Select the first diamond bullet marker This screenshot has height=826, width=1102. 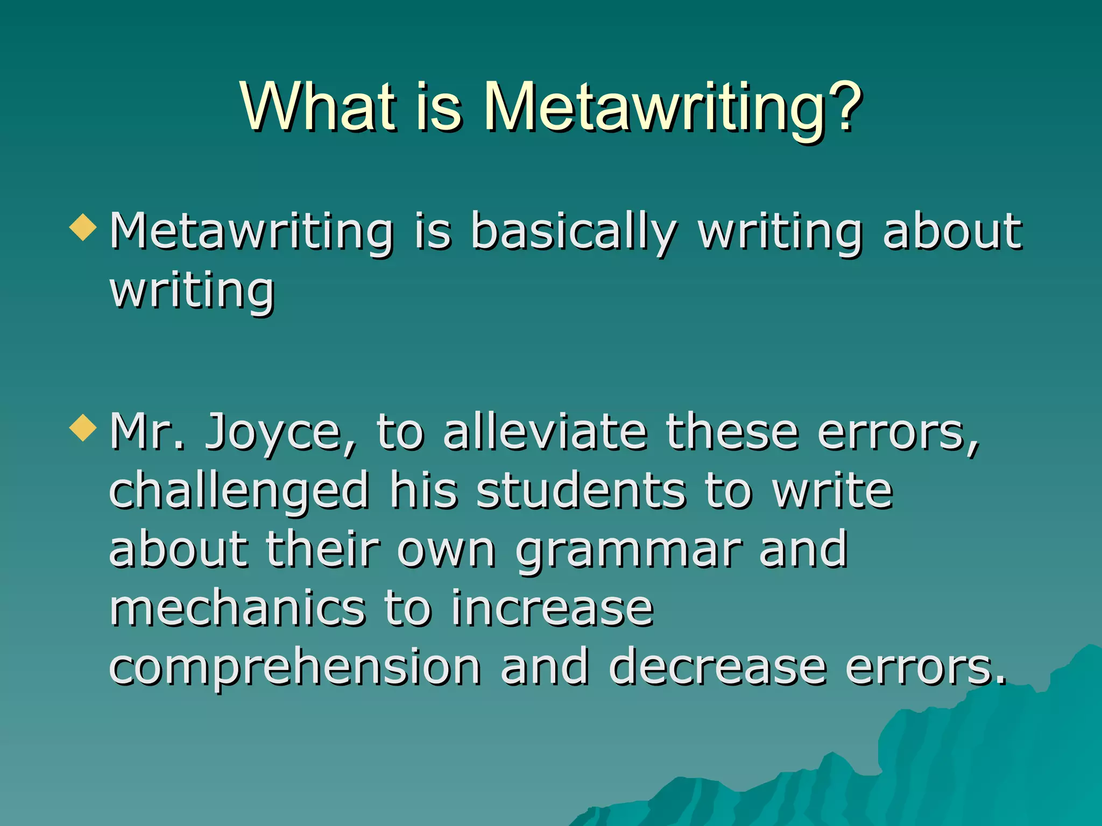(x=83, y=227)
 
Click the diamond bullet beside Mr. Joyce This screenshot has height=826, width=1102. (x=83, y=428)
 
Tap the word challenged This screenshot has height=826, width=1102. (x=239, y=492)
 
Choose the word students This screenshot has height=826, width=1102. (x=581, y=490)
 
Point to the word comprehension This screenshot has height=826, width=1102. (x=295, y=669)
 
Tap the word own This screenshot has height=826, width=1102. (x=447, y=551)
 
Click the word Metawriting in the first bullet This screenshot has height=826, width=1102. (x=252, y=232)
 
